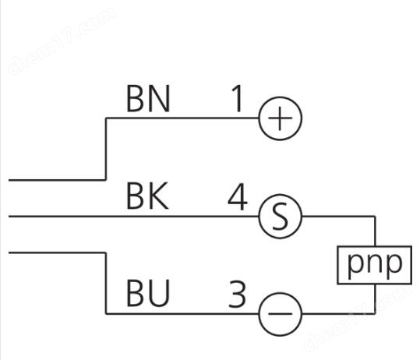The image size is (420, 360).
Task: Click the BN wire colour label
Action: tap(148, 98)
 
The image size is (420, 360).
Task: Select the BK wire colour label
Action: tap(147, 196)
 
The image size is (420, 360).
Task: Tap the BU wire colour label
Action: tap(148, 293)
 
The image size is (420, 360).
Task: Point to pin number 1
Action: tap(237, 98)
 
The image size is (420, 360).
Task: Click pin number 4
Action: tap(238, 196)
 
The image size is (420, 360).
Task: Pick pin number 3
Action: tap(237, 294)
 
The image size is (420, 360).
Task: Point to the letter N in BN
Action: tap(159, 98)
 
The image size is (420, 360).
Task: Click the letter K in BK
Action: tap(158, 196)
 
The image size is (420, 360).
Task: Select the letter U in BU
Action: tap(159, 293)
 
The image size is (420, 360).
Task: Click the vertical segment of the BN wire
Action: tap(106, 149)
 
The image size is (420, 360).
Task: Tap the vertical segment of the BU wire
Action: tap(106, 283)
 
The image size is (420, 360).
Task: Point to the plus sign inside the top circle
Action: tap(281, 118)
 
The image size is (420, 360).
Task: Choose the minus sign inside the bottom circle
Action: tap(281, 313)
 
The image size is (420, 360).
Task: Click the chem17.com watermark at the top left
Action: tap(62, 41)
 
